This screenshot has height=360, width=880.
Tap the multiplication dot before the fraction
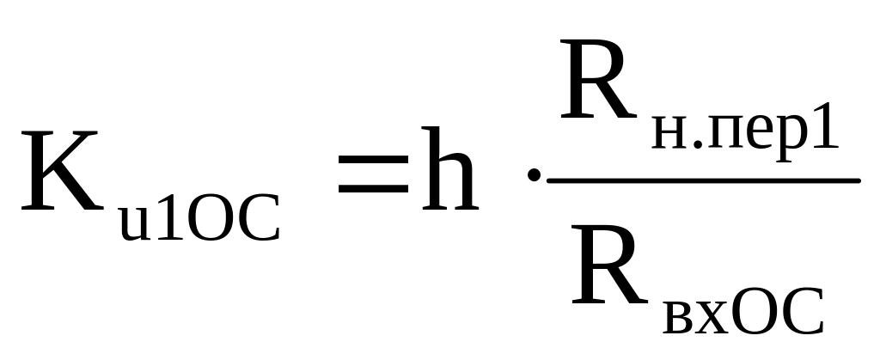point(535,177)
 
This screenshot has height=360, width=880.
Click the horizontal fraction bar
point(703,180)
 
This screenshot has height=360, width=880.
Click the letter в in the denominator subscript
point(680,318)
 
